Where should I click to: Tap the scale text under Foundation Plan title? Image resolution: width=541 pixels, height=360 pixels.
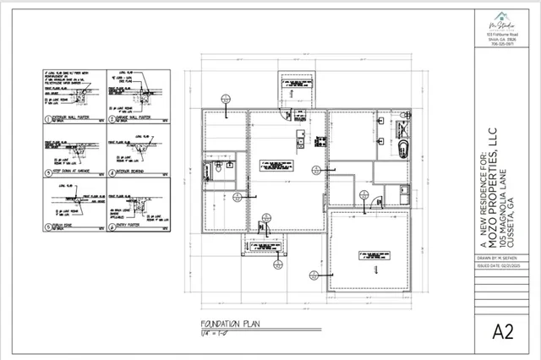pos(216,332)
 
